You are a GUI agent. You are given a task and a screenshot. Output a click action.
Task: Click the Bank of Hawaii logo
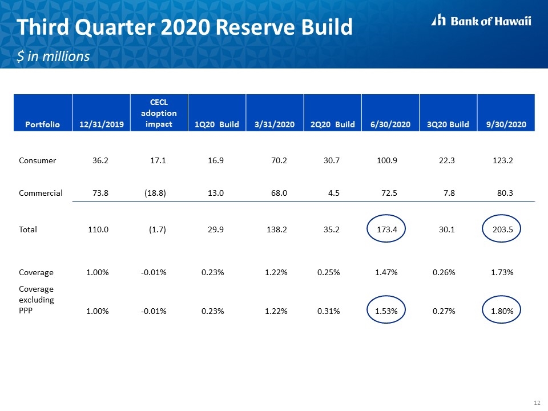pos(481,21)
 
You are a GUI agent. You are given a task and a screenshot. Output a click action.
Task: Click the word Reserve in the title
pos(257,27)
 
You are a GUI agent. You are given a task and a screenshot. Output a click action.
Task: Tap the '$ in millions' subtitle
pos(53,57)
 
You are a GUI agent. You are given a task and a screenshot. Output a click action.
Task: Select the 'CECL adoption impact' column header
pos(159,113)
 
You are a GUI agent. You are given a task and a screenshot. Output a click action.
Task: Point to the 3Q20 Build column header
pos(448,124)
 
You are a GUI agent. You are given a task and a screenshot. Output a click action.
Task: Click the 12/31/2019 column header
pos(102,124)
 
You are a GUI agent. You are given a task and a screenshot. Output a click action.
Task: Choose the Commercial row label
pos(41,193)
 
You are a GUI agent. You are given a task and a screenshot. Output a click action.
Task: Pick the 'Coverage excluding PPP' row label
pos(37,300)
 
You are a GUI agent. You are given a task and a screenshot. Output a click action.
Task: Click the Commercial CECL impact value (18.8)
pos(155,193)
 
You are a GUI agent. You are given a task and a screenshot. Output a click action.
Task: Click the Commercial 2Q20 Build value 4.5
pos(334,193)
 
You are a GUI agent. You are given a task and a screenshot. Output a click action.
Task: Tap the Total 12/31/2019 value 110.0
pos(98,229)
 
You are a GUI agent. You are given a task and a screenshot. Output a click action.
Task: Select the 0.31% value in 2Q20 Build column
pos(329,311)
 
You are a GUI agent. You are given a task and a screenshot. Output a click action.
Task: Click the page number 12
pos(537,402)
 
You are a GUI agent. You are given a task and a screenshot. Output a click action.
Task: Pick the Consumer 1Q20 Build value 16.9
pos(216,160)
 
